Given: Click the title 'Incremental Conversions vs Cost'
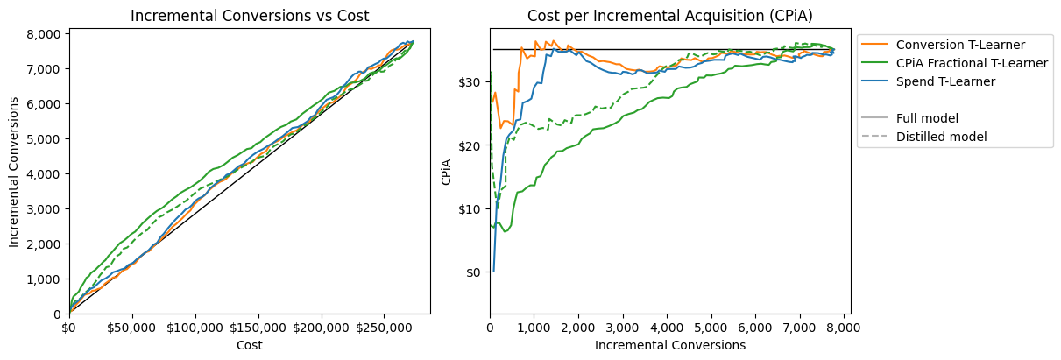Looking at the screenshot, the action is click(x=250, y=16).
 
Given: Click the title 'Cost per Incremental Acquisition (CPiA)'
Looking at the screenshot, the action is click(x=669, y=16).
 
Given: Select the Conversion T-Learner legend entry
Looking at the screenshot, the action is click(x=960, y=45).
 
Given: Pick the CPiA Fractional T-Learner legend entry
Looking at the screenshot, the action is click(x=972, y=63).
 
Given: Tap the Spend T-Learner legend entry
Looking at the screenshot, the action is click(x=946, y=81).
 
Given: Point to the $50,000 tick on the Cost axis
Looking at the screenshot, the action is click(x=131, y=328).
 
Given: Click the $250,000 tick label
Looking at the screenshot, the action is click(x=384, y=328).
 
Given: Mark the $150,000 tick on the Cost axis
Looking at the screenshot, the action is click(x=258, y=328).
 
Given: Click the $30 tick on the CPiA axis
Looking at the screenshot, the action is click(x=470, y=82).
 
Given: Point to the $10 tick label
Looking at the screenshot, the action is click(x=470, y=208).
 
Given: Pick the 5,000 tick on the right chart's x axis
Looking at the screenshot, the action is click(x=711, y=328).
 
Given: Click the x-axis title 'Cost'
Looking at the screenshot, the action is click(x=250, y=345).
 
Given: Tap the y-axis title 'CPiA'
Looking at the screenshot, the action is click(x=446, y=172).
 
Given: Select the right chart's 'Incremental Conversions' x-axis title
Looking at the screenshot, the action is click(x=670, y=345).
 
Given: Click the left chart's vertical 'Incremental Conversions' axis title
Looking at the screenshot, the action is click(x=14, y=172).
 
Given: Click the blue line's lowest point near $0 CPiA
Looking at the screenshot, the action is click(x=493, y=272).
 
